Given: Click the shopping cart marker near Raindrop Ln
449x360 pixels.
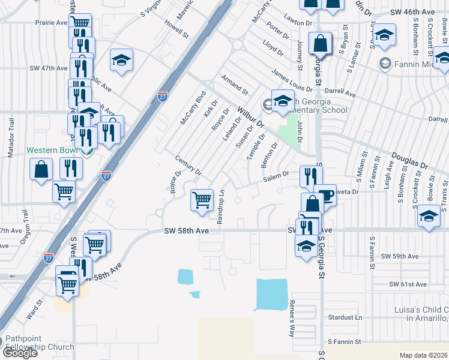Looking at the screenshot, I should (202, 200).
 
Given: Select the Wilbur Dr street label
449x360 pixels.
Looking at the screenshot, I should (251, 117).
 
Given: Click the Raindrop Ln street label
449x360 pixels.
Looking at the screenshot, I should (221, 208).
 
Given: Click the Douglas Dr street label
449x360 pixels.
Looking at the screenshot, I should (410, 160).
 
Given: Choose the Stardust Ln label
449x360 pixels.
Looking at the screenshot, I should (346, 317).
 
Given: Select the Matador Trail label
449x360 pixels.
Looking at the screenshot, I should (10, 137).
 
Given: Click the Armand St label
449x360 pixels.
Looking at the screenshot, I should (234, 85).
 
